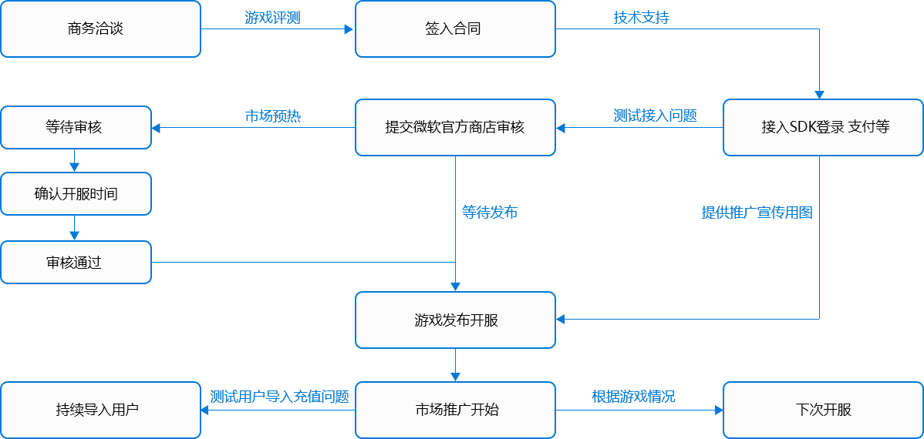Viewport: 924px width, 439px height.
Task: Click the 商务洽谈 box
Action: pyautogui.click(x=100, y=29)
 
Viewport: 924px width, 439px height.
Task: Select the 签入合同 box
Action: pyautogui.click(x=455, y=29)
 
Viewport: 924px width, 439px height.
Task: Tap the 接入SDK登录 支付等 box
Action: pyautogui.click(x=823, y=127)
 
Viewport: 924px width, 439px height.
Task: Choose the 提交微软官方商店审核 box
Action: pyautogui.click(x=455, y=127)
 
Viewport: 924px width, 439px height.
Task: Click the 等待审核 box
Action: pyautogui.click(x=76, y=127)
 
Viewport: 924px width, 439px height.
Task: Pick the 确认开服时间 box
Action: pyautogui.click(x=76, y=194)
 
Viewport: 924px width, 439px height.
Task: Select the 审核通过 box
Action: pyautogui.click(x=76, y=263)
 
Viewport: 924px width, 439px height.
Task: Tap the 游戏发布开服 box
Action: pyautogui.click(x=455, y=320)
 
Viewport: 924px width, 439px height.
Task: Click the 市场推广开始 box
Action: pyautogui.click(x=455, y=410)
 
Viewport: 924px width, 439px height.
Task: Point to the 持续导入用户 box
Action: pyautogui.click(x=100, y=410)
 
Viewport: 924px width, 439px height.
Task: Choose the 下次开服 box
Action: pyautogui.click(x=823, y=410)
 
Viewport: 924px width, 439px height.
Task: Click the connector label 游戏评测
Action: pyautogui.click(x=272, y=18)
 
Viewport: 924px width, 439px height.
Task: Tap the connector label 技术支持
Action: pyautogui.click(x=641, y=18)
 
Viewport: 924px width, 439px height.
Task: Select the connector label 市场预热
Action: pyautogui.click(x=272, y=116)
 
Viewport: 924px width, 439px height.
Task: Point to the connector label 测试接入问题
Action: pyautogui.click(x=655, y=116)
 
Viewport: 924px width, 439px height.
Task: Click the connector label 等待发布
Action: pyautogui.click(x=490, y=212)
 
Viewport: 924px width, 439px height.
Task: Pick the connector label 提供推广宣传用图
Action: pyautogui.click(x=757, y=213)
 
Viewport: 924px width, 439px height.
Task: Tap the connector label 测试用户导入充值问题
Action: pyautogui.click(x=279, y=397)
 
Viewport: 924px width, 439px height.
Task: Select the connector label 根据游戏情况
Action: pyautogui.click(x=633, y=397)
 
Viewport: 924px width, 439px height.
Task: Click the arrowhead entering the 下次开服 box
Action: pyautogui.click(x=719, y=411)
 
